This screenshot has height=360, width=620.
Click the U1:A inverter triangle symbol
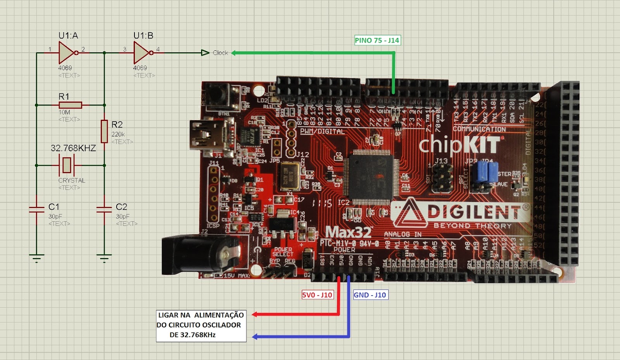[66, 53]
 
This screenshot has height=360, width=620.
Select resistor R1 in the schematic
[70, 105]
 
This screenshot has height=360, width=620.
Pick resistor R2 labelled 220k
[104, 131]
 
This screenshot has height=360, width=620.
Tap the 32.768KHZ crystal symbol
[67, 165]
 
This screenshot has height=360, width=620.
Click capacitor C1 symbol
[37, 210]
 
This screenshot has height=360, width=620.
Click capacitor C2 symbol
[104, 210]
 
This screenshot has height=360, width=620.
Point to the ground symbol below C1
[37, 258]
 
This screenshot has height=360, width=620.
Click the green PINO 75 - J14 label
[377, 40]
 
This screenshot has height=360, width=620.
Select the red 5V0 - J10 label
[317, 295]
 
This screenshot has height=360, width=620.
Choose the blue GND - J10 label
[370, 295]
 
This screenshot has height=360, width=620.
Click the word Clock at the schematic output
[220, 53]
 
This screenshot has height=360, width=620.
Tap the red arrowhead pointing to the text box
[255, 314]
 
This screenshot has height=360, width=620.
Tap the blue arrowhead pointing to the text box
[255, 337]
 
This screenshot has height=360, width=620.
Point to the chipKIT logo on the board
[459, 145]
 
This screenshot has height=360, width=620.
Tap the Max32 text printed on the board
[348, 232]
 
